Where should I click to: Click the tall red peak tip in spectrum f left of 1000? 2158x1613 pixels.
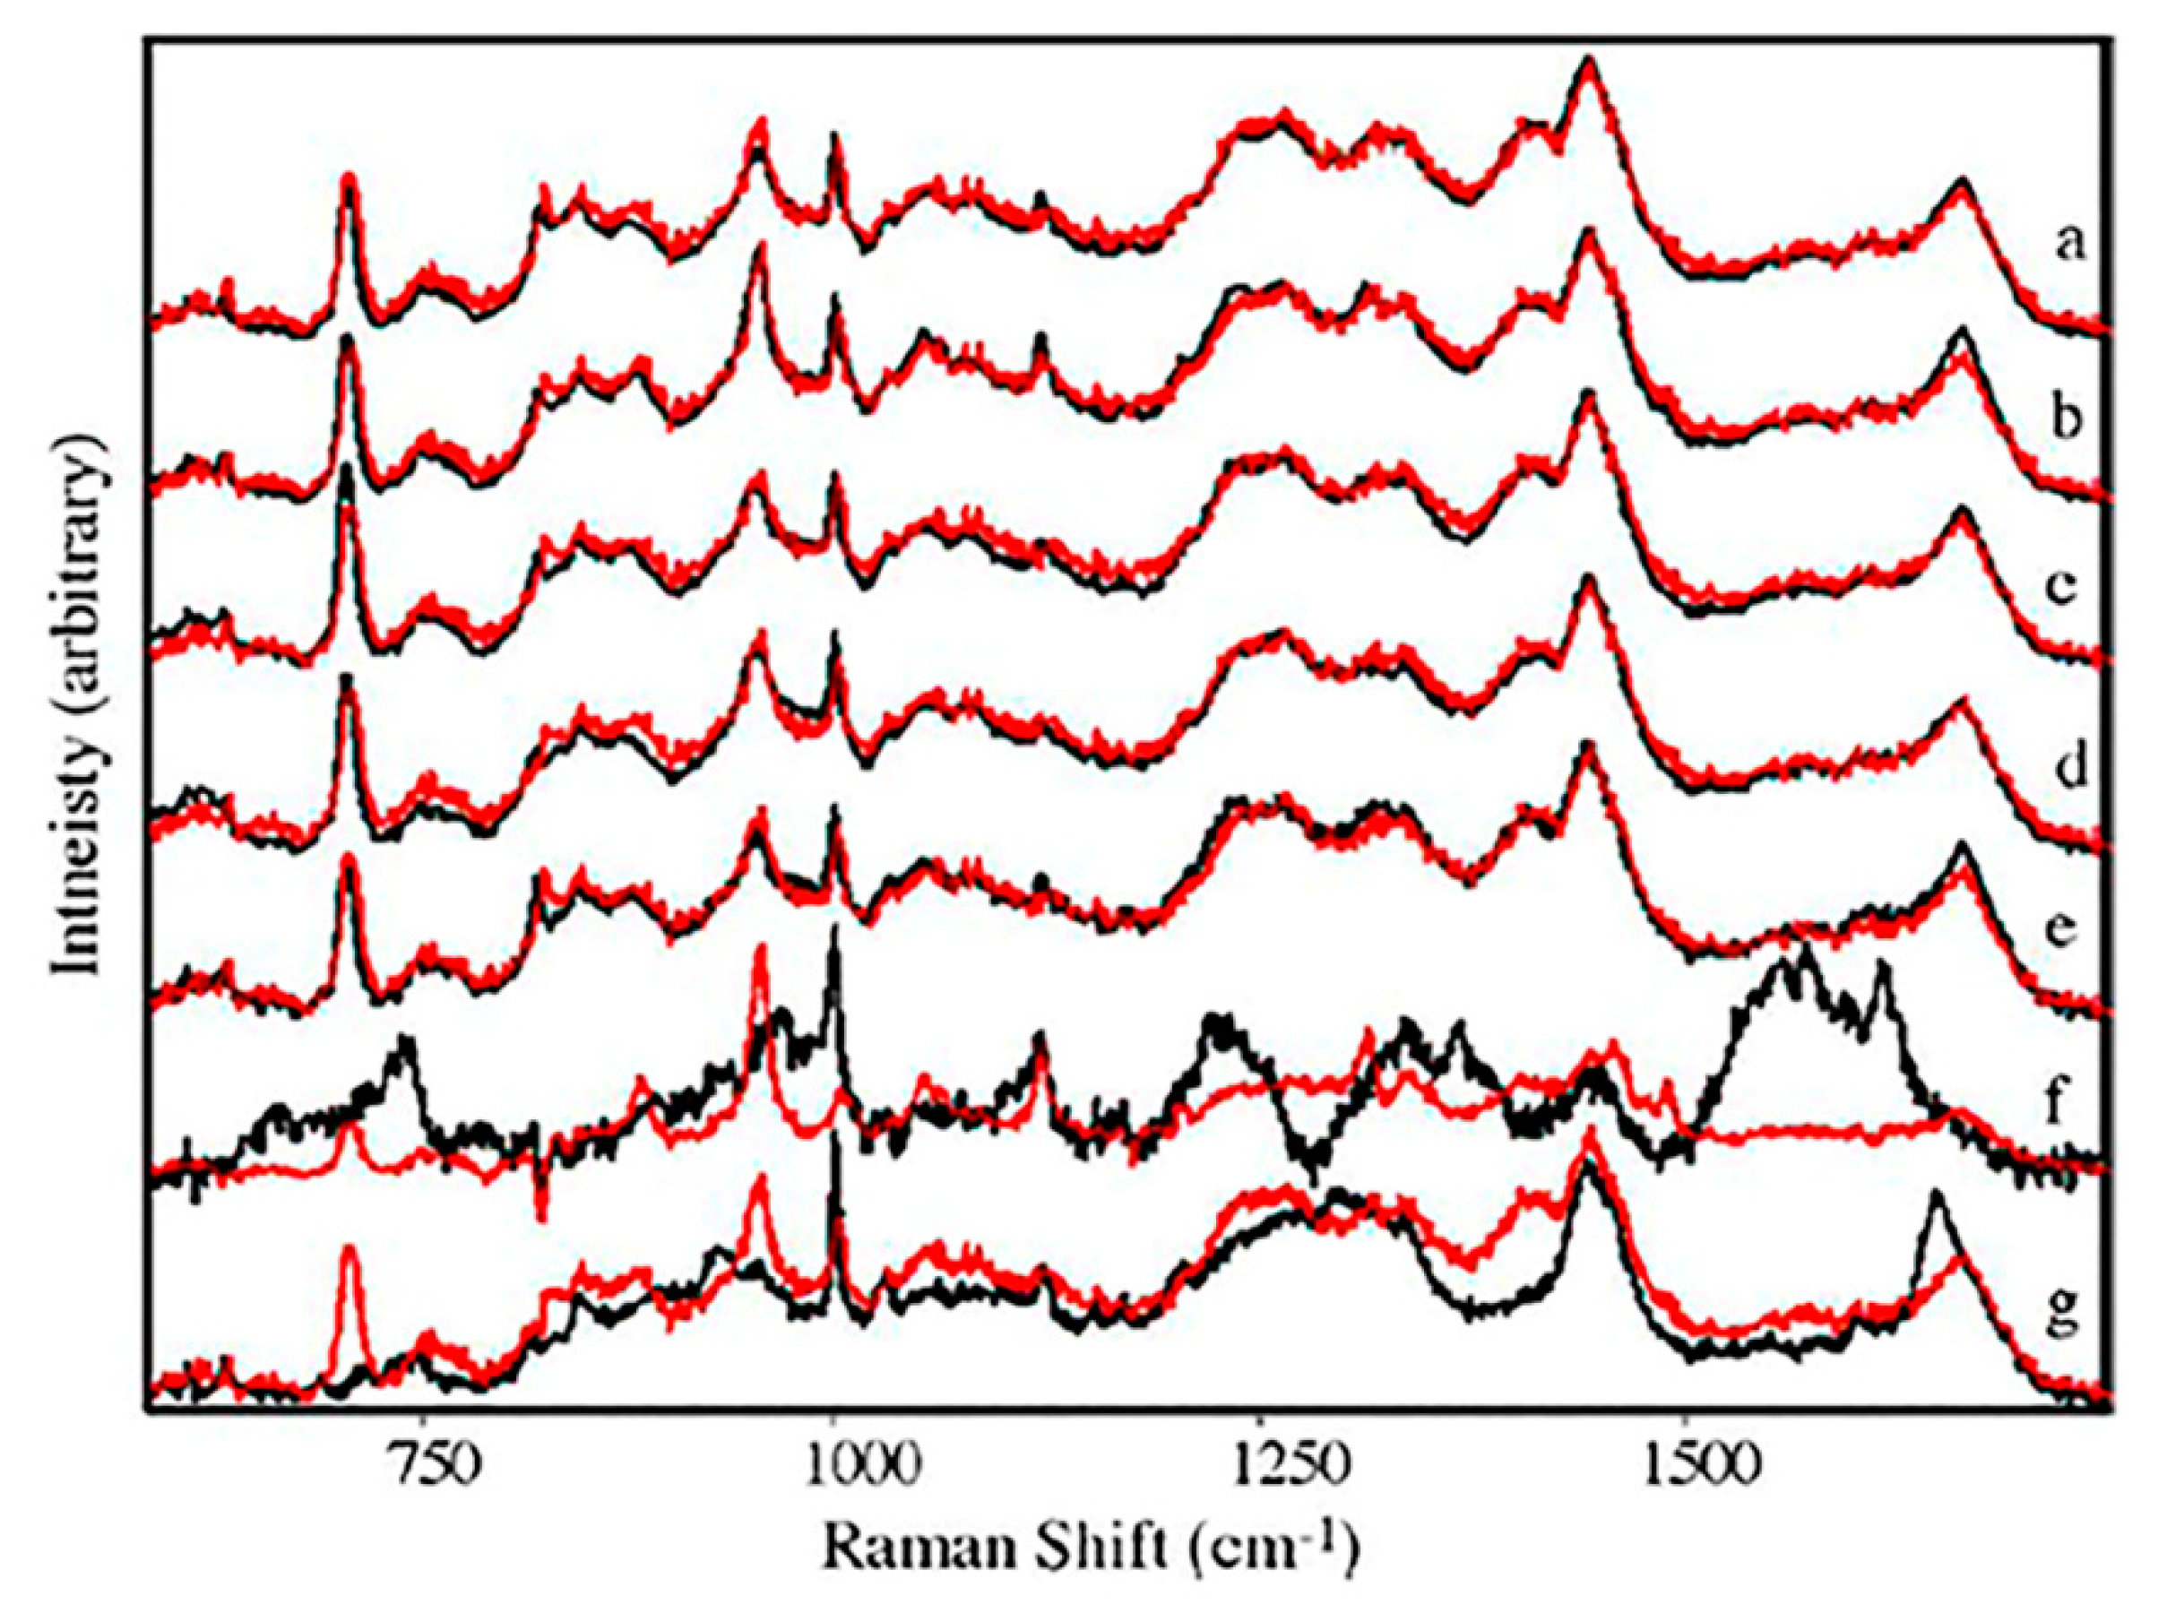pyautogui.click(x=761, y=948)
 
